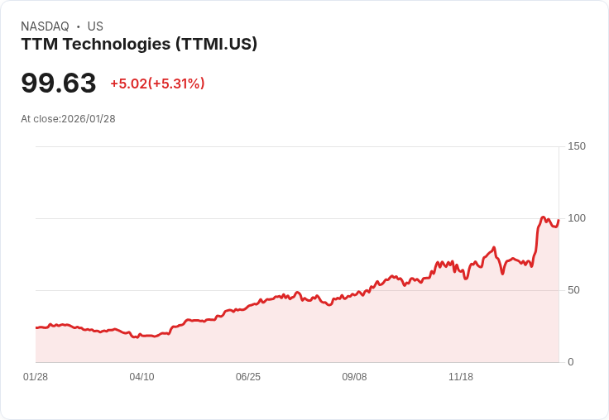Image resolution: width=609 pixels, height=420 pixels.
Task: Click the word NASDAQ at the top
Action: click(45, 26)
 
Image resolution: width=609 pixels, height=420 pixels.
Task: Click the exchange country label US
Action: click(95, 26)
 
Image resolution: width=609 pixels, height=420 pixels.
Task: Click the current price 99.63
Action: click(59, 83)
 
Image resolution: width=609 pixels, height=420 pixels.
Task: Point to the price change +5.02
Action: click(128, 84)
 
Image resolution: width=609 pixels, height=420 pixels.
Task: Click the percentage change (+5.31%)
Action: click(176, 84)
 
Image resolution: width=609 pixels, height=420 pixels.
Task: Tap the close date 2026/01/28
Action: click(89, 119)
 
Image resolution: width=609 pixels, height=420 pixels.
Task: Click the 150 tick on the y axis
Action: click(577, 146)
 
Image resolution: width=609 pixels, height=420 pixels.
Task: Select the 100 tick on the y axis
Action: click(577, 218)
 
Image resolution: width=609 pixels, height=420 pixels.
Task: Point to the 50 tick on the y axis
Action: click(573, 290)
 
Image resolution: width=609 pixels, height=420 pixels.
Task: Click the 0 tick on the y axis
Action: click(571, 362)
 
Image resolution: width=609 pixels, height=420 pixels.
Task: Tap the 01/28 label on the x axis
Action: click(36, 377)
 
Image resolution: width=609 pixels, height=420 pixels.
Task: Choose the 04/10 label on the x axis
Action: click(141, 377)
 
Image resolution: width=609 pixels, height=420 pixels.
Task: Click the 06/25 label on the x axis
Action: click(248, 377)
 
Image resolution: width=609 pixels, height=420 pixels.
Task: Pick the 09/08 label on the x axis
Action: click(354, 377)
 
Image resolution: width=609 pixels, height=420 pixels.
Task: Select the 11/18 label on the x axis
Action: click(461, 377)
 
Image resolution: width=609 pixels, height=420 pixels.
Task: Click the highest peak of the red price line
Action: click(543, 217)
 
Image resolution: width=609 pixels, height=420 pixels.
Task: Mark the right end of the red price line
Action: click(559, 220)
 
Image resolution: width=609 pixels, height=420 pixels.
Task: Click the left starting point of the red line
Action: click(36, 328)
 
